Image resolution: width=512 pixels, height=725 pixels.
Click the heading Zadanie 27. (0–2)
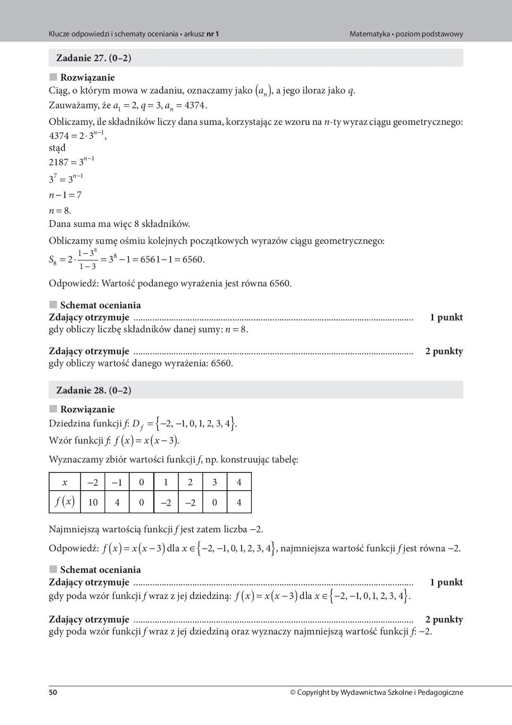(x=93, y=58)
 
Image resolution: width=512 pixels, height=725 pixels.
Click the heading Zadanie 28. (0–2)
(x=93, y=390)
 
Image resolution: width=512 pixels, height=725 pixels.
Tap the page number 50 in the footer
(x=53, y=693)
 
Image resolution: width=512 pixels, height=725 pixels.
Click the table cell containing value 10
(x=93, y=503)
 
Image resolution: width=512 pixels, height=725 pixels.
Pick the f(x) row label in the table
(x=64, y=503)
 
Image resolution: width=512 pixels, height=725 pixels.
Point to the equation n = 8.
(x=60, y=211)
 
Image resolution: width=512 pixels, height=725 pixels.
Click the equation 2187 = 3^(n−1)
(x=72, y=162)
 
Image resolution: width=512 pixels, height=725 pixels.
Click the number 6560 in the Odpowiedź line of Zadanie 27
(x=279, y=284)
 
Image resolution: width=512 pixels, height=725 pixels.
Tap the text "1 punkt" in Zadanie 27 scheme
(x=446, y=318)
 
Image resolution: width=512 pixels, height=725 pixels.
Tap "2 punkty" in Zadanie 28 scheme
(x=444, y=620)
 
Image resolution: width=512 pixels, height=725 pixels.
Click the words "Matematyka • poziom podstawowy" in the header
(x=406, y=34)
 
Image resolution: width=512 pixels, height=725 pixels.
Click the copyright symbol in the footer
(x=293, y=693)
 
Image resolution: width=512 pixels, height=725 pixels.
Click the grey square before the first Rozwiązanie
(x=53, y=77)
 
